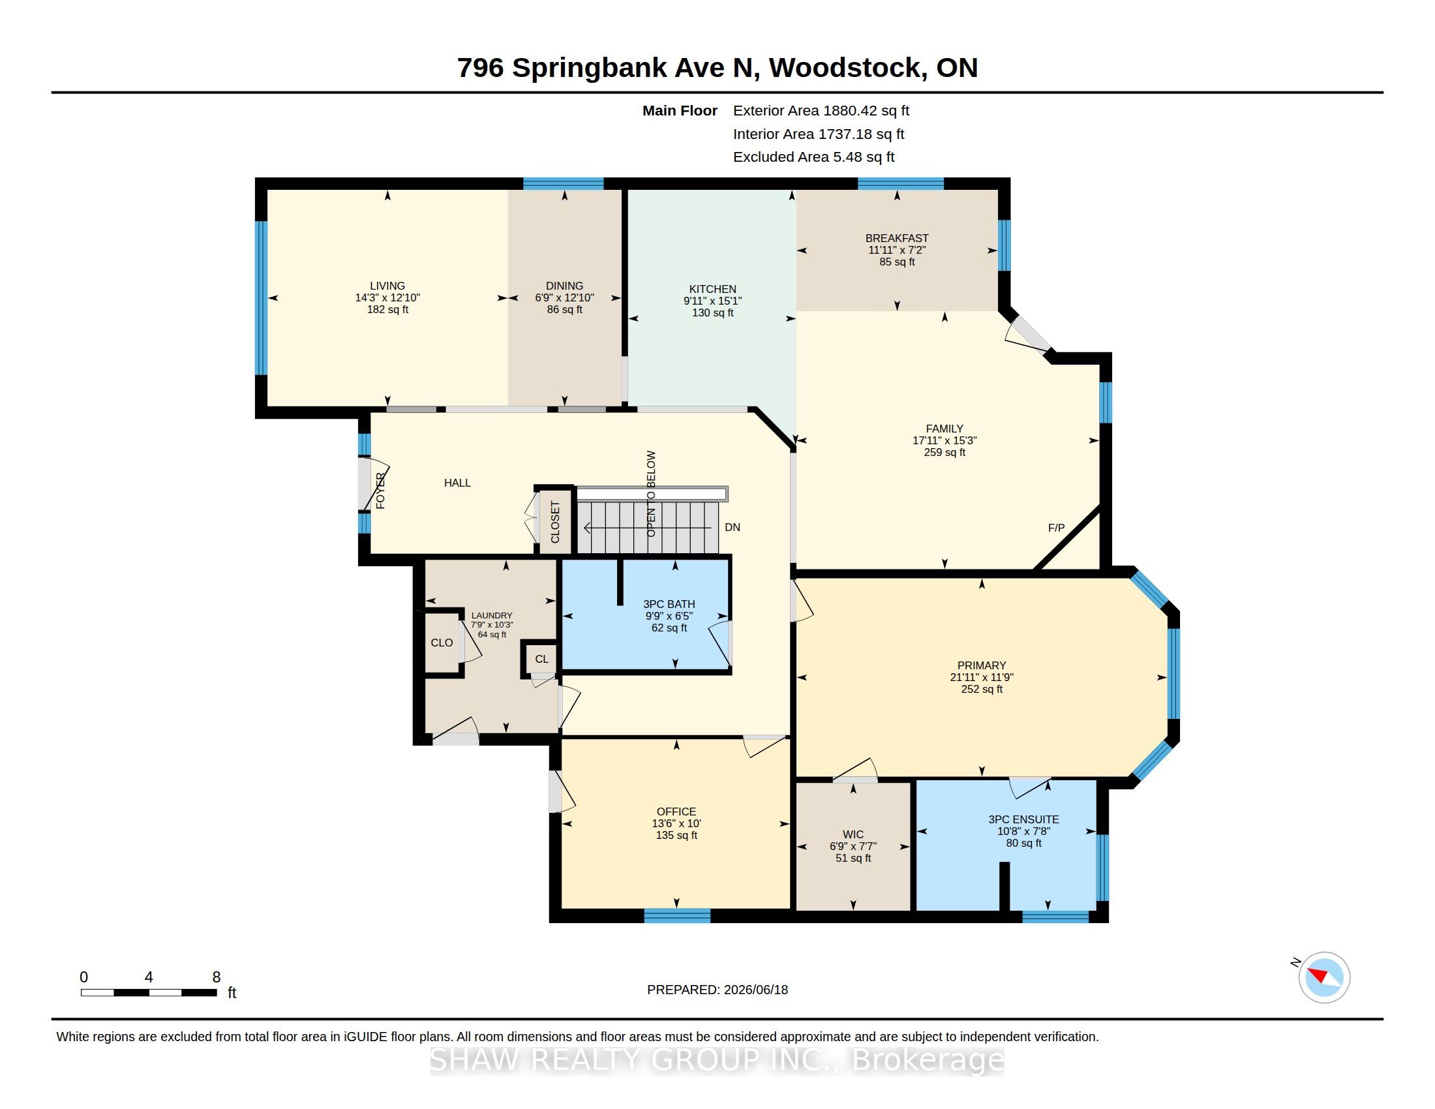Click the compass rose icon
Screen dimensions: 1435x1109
coord(1324,978)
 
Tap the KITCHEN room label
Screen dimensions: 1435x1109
coord(712,289)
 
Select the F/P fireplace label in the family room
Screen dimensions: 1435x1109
coord(1056,528)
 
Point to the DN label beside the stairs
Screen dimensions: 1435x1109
coord(732,527)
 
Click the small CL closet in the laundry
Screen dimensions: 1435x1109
coord(541,659)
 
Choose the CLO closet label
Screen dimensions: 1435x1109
coord(442,643)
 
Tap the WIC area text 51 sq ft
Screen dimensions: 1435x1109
coord(853,858)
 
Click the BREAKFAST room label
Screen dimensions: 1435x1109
coord(897,238)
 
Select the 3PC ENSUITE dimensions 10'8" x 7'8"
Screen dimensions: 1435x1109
coord(1023,831)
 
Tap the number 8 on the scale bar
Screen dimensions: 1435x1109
coord(216,977)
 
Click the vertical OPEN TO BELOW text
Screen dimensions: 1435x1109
coord(651,493)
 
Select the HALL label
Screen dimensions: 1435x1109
coord(457,483)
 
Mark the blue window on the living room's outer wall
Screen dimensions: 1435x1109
coord(261,297)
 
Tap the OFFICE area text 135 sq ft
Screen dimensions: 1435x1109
coord(676,835)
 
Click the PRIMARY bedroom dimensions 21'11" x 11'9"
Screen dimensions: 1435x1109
coord(982,677)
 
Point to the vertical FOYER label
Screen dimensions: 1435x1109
coord(380,491)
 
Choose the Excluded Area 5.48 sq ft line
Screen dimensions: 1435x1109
coord(813,157)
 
